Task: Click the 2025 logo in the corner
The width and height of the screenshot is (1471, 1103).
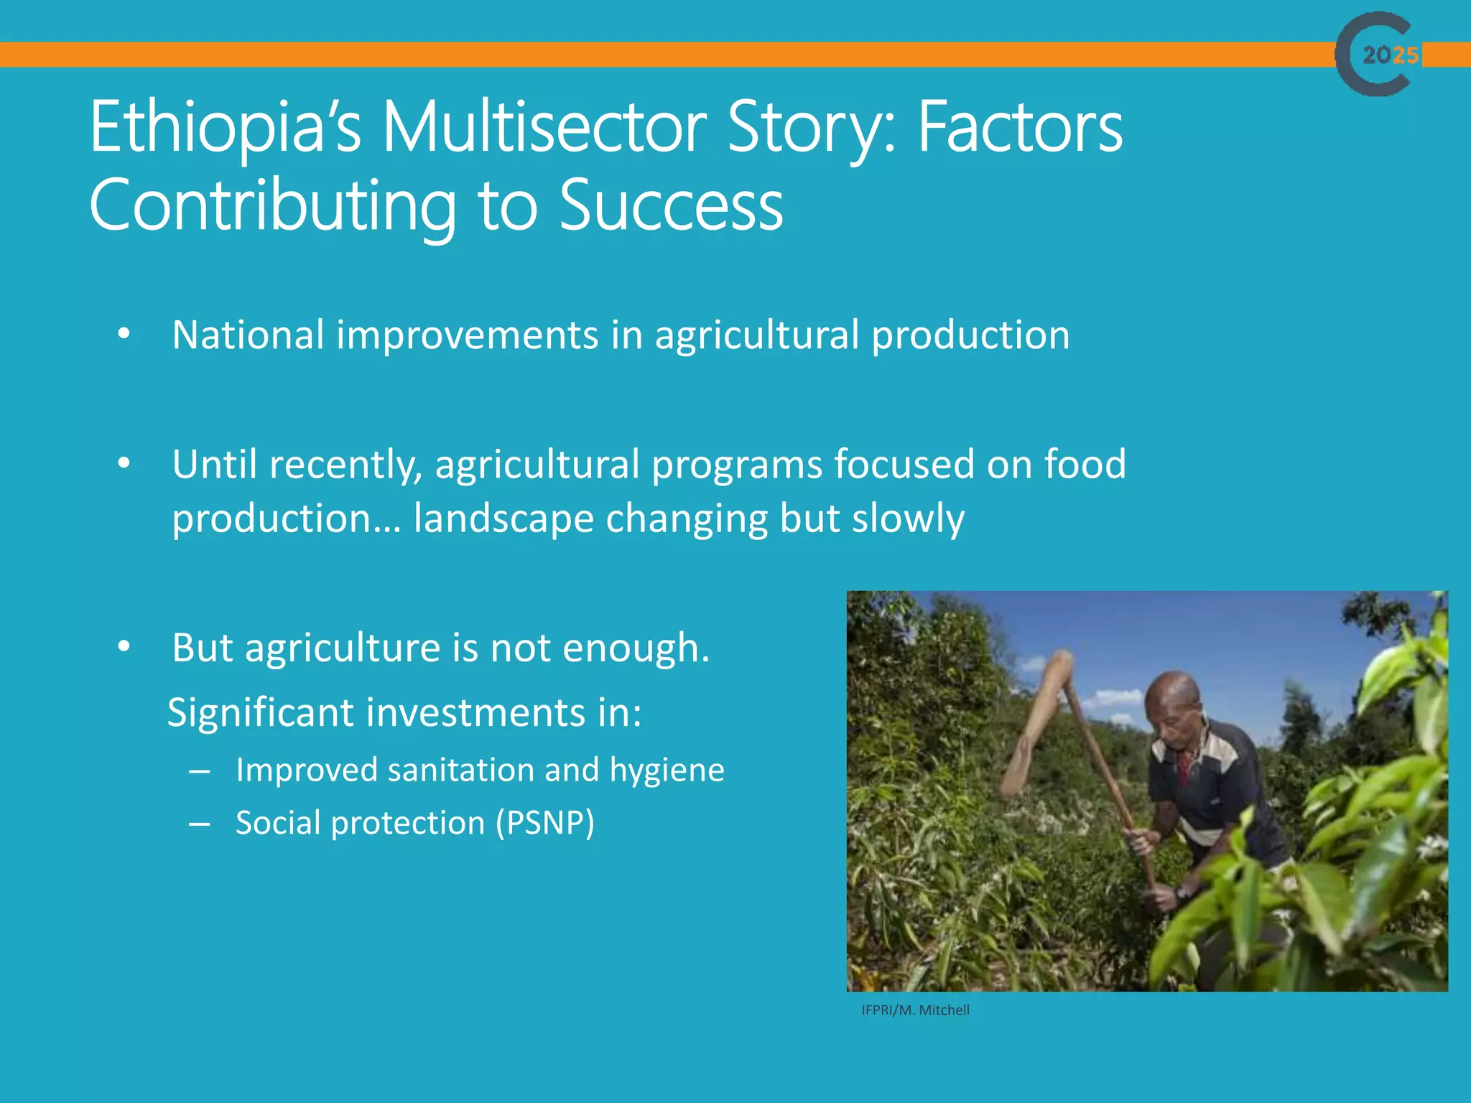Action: pos(1378,55)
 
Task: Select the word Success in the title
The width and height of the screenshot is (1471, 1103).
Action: pos(671,207)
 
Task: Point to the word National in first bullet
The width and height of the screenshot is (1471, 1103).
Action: pos(247,335)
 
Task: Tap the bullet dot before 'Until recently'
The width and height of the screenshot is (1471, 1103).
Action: pos(124,464)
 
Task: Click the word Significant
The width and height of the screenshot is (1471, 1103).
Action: pos(261,713)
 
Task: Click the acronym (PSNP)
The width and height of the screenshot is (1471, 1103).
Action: pos(545,823)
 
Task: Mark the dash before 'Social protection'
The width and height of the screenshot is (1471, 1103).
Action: pos(199,824)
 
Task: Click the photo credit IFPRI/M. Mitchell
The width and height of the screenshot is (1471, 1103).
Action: pos(915,1010)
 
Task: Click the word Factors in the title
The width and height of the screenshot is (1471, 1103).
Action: pos(1020,128)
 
